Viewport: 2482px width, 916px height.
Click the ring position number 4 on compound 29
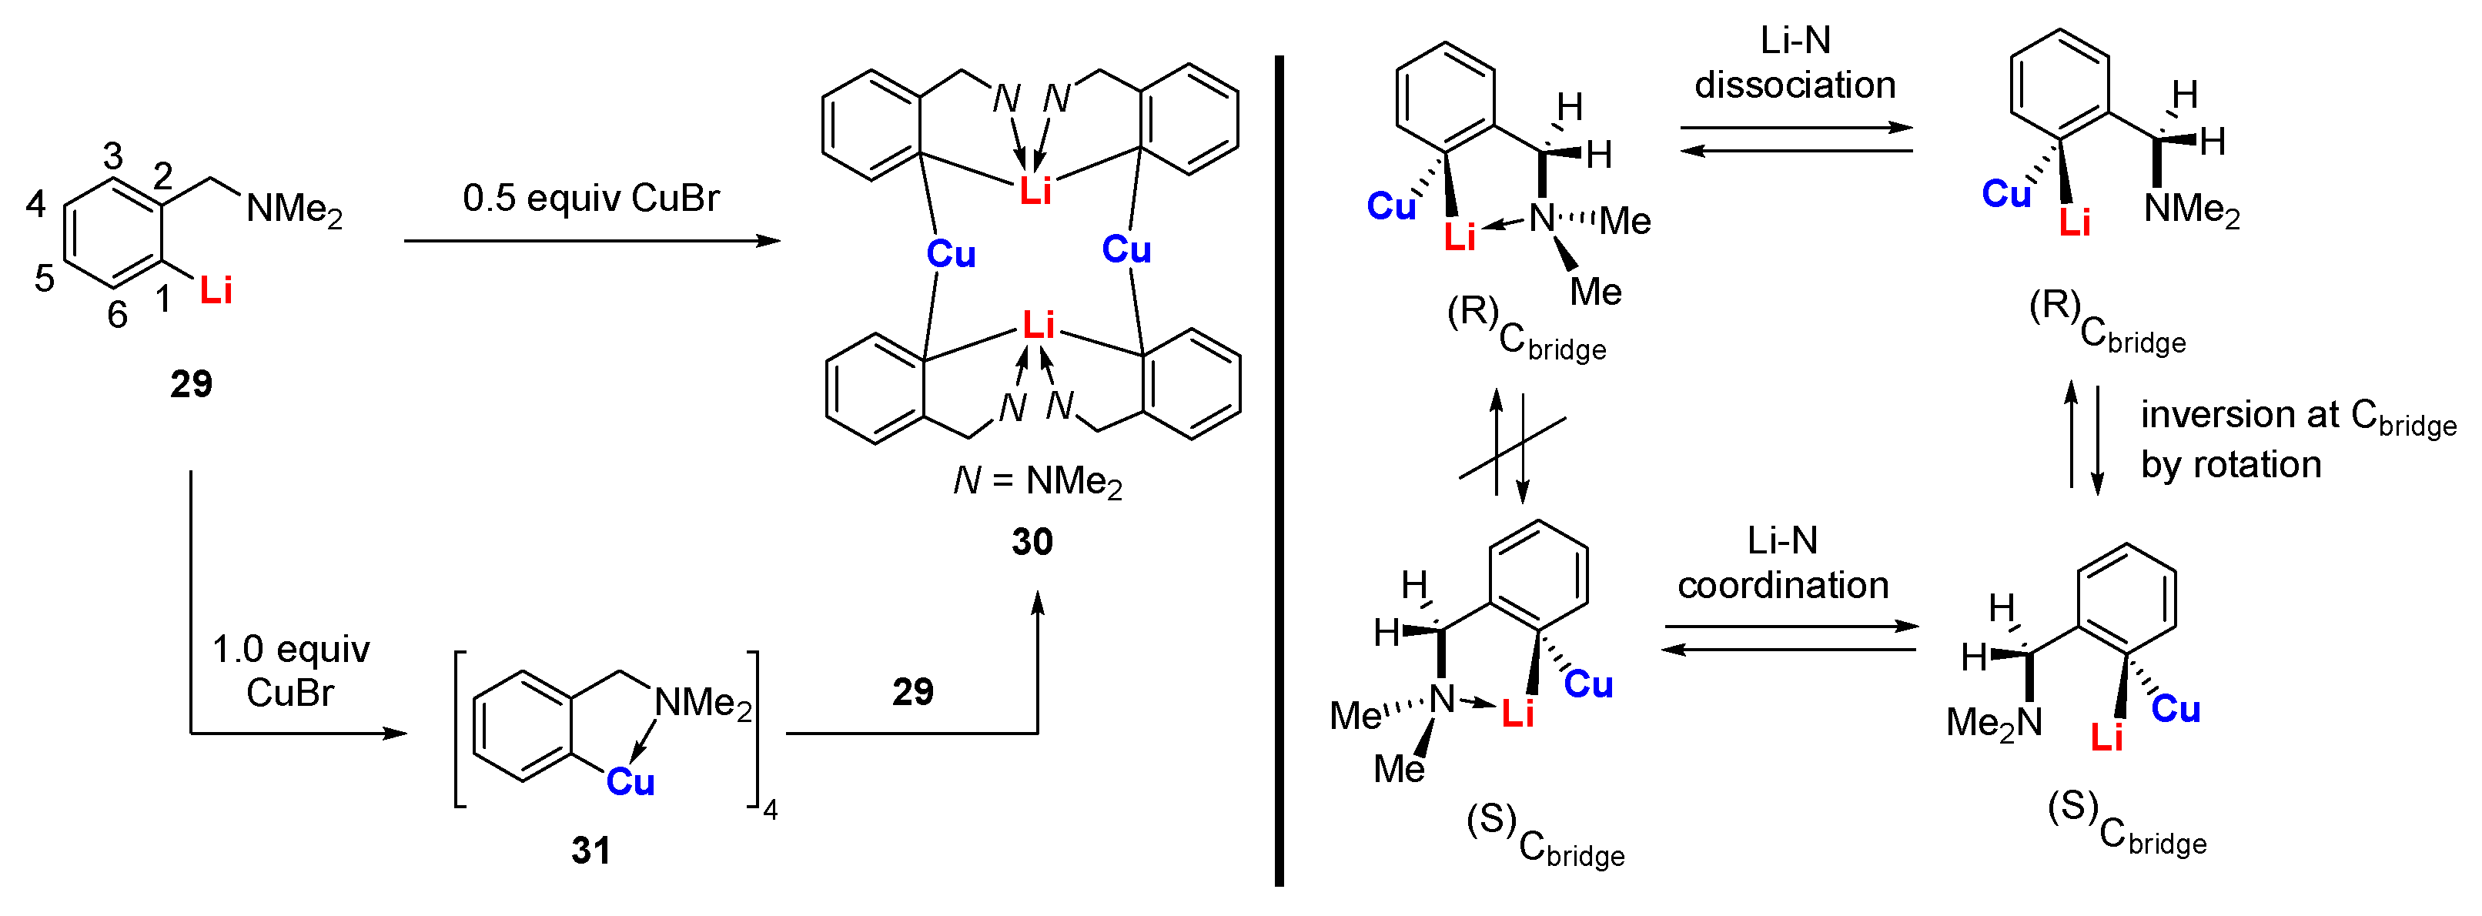tap(35, 204)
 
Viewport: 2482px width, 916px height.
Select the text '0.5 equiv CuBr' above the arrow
tap(590, 199)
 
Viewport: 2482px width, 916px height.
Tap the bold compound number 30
tap(1032, 542)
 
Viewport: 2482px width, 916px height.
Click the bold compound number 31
tap(590, 851)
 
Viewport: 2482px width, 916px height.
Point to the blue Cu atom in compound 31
tap(631, 781)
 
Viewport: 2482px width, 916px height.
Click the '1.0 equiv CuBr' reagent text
tap(290, 670)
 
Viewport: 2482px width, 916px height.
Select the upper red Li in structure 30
tap(1035, 192)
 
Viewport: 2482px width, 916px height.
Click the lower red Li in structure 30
tap(1038, 326)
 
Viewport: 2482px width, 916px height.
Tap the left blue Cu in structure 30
tap(951, 254)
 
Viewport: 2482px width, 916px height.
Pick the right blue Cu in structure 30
tap(1126, 250)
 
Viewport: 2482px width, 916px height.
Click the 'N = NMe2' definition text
tap(1038, 480)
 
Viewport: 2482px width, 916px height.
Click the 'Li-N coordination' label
tap(1782, 563)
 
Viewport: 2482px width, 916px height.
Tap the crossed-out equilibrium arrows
tap(1510, 447)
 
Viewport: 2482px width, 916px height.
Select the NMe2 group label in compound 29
tap(294, 209)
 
